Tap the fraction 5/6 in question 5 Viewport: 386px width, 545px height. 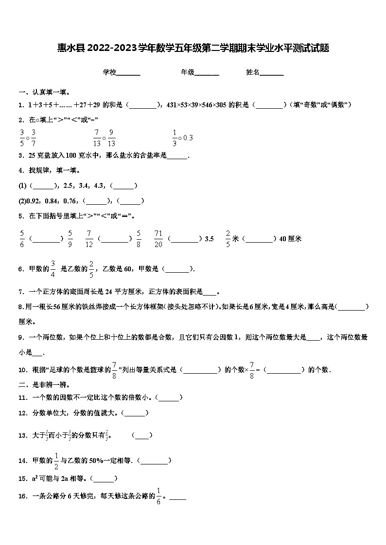(x=22, y=239)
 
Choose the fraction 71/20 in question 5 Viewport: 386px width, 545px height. (x=158, y=239)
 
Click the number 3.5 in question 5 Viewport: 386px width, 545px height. (x=210, y=239)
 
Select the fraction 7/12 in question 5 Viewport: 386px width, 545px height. (x=89, y=239)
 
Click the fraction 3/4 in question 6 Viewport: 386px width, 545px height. (x=53, y=269)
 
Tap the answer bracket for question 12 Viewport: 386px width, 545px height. (x=134, y=413)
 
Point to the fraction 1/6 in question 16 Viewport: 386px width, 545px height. (x=158, y=496)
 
